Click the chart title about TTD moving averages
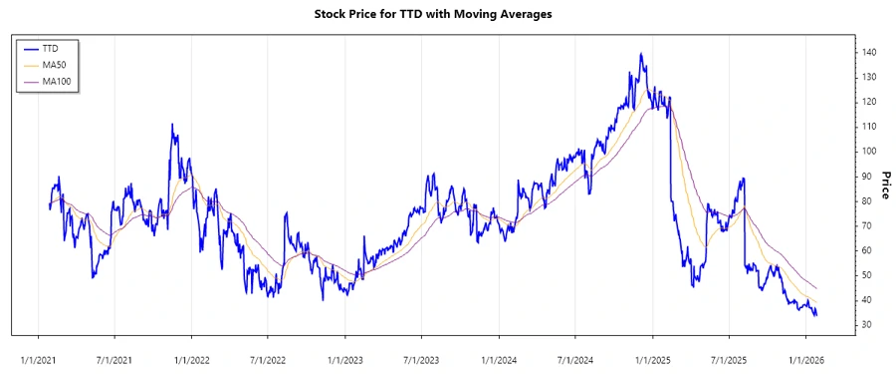coord(447,14)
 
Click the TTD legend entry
coord(52,48)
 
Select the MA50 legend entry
coord(55,64)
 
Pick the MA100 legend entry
coord(57,80)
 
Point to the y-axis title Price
coord(882,185)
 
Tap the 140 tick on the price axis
coord(869,52)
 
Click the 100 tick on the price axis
coord(869,151)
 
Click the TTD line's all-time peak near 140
coord(640,54)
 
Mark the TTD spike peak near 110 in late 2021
coord(172,125)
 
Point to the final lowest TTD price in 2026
coord(816,316)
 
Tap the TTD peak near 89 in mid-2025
coord(743,179)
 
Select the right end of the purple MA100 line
coord(817,288)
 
